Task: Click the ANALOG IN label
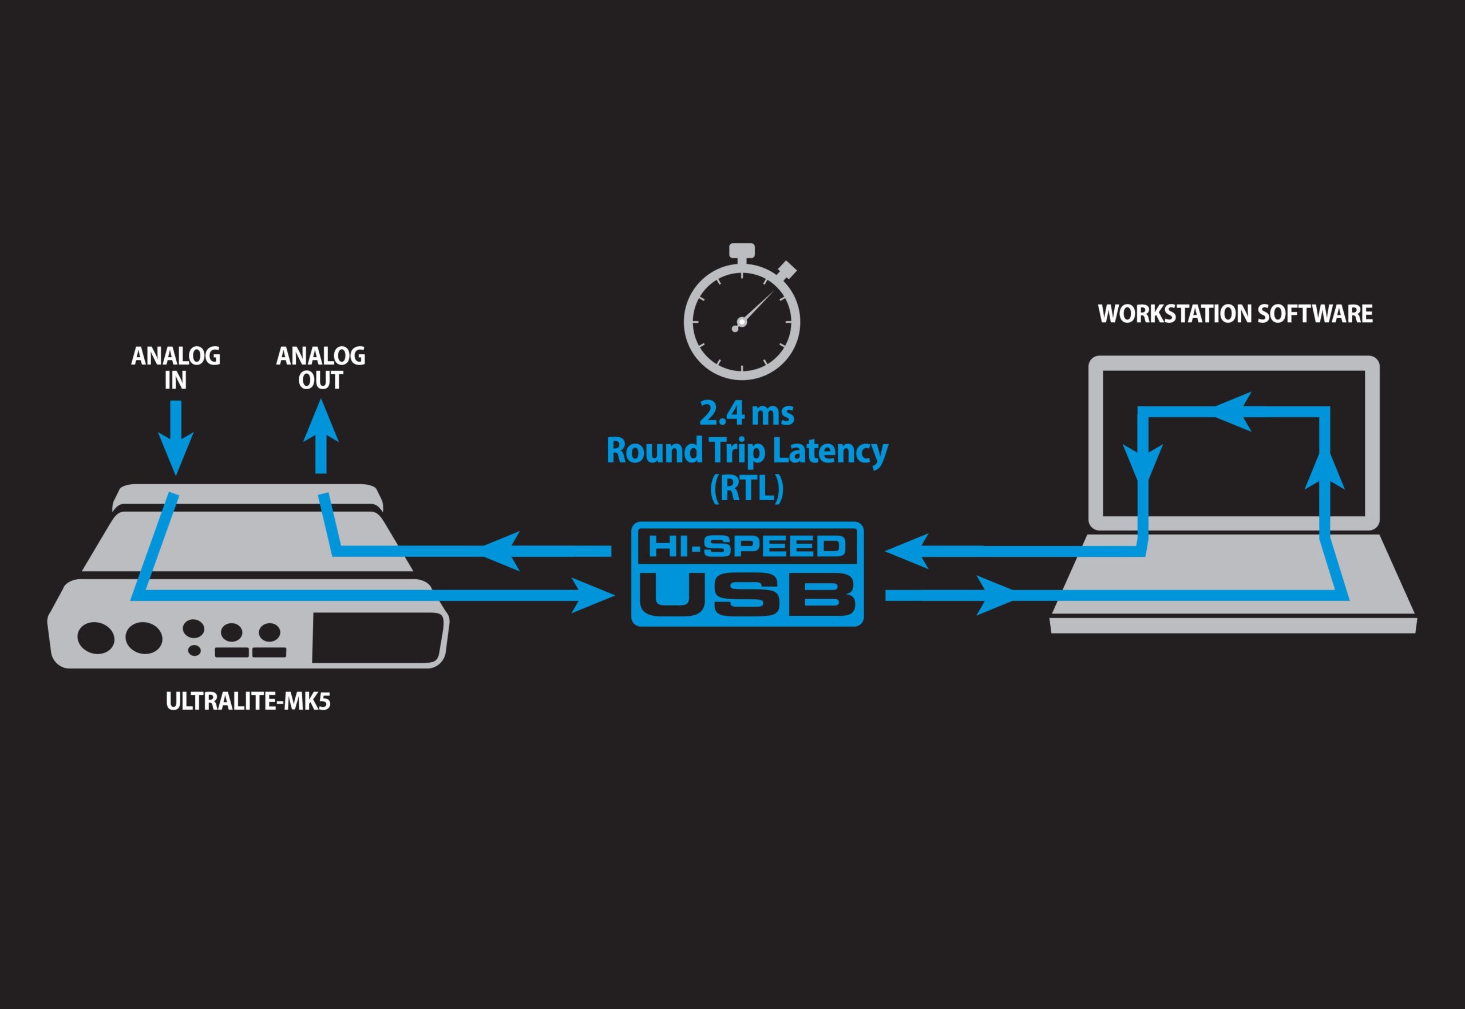click(176, 368)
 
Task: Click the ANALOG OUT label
click(320, 368)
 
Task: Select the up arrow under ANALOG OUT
click(320, 430)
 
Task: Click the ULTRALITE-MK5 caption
click(248, 702)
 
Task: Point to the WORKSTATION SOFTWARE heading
click(1236, 314)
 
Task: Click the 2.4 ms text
click(746, 413)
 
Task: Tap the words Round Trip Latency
click(747, 451)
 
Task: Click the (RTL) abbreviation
click(746, 488)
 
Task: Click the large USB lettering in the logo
click(747, 594)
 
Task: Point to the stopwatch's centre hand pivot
click(742, 322)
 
